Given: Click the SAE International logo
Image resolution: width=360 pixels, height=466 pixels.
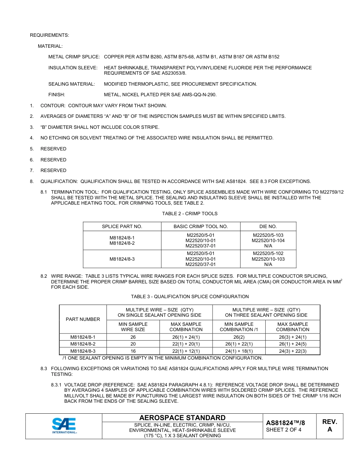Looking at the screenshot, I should (64, 426).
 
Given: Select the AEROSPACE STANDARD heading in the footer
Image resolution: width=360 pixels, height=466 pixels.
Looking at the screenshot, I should (182, 418).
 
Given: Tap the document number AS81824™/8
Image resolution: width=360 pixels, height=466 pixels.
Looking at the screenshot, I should (285, 423).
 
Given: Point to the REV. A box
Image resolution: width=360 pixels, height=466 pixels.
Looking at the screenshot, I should (330, 426).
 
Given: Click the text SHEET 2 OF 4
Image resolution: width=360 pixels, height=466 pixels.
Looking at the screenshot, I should (283, 430).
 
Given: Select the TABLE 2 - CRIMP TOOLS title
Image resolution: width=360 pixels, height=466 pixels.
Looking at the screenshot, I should (189, 214).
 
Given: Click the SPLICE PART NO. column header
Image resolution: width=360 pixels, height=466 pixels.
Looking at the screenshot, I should (122, 227).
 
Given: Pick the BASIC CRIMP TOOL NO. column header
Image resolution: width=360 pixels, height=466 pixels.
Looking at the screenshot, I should (200, 227).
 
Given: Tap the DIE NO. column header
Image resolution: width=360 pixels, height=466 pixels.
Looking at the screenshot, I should (268, 227).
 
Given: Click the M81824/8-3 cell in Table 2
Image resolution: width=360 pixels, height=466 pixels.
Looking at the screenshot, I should (122, 259).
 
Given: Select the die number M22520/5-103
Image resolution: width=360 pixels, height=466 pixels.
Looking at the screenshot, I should (268, 235).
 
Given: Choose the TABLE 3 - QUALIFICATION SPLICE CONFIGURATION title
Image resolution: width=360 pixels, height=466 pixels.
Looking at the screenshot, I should (189, 297).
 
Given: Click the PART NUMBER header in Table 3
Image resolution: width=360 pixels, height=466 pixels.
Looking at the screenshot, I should (83, 319).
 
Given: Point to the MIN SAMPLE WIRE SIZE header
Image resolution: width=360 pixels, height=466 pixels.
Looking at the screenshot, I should (133, 327).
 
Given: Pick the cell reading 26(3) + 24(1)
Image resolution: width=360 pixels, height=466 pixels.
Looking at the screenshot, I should (293, 337).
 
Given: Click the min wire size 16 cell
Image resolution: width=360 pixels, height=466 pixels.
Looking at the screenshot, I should (133, 351).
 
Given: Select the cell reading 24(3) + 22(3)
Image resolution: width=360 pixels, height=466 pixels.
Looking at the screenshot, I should (293, 351).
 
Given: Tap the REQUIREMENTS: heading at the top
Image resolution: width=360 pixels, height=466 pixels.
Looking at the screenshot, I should (50, 35).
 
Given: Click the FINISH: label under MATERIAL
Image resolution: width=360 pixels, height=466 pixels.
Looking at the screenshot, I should (56, 95).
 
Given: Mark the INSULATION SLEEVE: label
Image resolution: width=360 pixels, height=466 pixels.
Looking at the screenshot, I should (73, 68).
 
